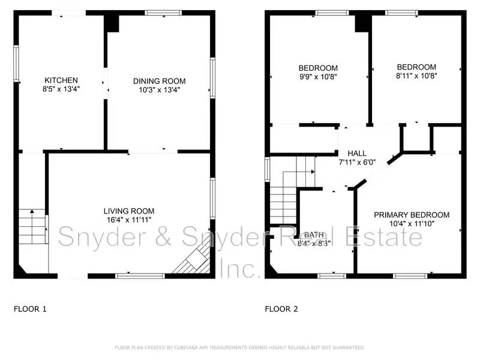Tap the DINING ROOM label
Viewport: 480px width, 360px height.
(x=159, y=81)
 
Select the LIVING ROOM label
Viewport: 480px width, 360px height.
(x=128, y=211)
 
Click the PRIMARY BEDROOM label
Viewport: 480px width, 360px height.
(x=411, y=215)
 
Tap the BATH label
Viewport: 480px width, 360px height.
(x=314, y=235)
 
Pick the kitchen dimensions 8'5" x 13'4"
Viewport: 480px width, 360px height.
(x=61, y=89)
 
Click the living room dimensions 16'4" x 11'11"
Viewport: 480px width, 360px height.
(x=128, y=220)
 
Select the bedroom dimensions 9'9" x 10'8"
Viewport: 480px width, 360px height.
(x=318, y=77)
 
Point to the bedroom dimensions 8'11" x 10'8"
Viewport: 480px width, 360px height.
(x=416, y=76)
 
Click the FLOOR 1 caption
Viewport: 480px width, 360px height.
(x=30, y=310)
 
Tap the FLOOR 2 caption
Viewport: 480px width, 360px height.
(x=281, y=310)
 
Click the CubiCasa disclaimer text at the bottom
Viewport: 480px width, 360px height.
(x=239, y=347)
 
